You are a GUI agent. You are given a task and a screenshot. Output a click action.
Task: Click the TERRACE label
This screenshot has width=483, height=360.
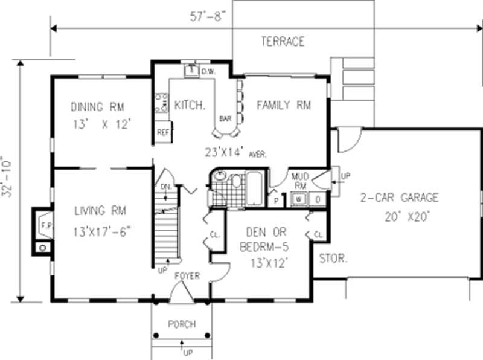[283, 42]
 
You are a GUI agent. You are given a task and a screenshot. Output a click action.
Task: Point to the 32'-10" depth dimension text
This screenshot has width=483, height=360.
[8, 182]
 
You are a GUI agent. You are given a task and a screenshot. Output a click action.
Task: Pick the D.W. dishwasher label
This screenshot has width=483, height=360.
[208, 72]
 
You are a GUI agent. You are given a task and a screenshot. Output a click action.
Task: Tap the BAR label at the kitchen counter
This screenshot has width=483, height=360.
[226, 118]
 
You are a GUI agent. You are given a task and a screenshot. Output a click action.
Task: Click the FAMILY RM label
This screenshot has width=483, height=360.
[283, 106]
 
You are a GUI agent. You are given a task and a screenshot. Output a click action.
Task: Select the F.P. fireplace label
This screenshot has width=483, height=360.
[43, 226]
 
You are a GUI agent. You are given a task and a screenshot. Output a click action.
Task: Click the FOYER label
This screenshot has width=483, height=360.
[187, 276]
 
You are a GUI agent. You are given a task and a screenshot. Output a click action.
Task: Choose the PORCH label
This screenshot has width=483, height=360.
[182, 324]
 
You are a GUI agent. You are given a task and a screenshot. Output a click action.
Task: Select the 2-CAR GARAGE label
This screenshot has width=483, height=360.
[400, 198]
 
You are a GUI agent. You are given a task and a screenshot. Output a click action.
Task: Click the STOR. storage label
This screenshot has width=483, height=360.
[333, 258]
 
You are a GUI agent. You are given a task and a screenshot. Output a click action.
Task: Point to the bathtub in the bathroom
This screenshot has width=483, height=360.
[255, 187]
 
